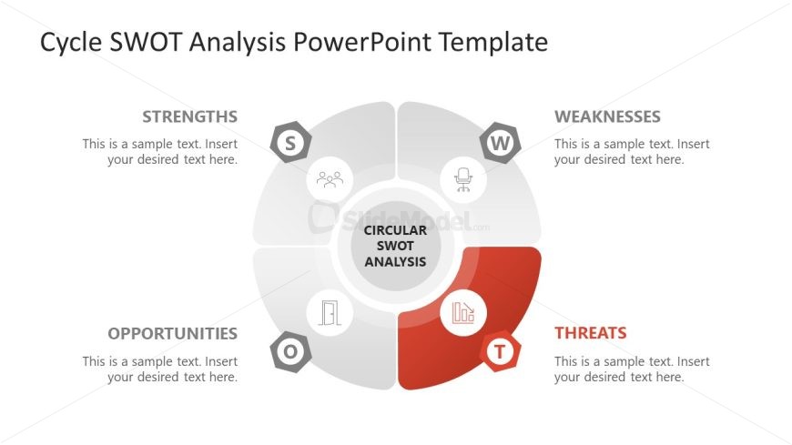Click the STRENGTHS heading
pos(189,116)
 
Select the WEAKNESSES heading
pos(607,116)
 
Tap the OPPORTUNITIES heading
pos(172,333)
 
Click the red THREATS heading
pos(590,333)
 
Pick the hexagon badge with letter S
pos(291,142)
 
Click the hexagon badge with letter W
pos(500,142)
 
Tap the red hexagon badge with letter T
pos(500,351)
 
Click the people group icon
pos(330,179)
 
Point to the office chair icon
pos(463,179)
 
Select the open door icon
pos(330,313)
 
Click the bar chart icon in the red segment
pos(463,313)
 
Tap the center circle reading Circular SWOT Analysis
pos(395,246)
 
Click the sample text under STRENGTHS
pos(160,152)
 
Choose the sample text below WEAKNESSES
pos(632,152)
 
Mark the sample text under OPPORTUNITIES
pos(160,369)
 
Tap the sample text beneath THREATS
pos(632,369)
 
